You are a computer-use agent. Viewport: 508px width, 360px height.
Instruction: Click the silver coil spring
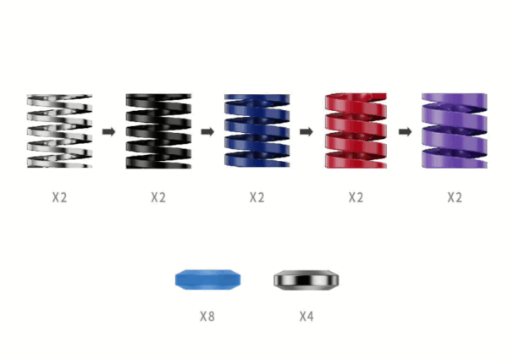pyautogui.click(x=59, y=131)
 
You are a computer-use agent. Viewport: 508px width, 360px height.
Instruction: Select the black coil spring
pyautogui.click(x=158, y=131)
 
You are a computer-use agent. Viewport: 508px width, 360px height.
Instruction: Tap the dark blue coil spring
pyautogui.click(x=257, y=131)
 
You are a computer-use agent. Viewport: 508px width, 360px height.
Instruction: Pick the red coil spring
pyautogui.click(x=356, y=131)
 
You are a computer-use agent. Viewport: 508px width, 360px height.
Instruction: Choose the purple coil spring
pyautogui.click(x=454, y=131)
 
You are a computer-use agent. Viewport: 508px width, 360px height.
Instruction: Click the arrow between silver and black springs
pyautogui.click(x=109, y=131)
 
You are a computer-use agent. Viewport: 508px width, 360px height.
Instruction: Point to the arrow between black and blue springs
pyautogui.click(x=207, y=131)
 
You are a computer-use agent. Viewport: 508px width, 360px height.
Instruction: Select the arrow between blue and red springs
pyautogui.click(x=306, y=131)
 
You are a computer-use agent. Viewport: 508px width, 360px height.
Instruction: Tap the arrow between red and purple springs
pyautogui.click(x=405, y=131)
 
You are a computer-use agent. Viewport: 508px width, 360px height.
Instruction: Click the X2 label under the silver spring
pyautogui.click(x=59, y=197)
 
